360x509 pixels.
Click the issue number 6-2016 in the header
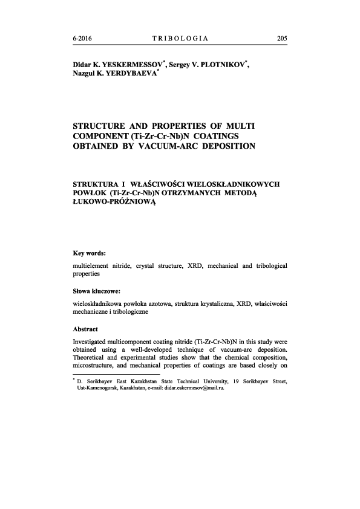(83, 38)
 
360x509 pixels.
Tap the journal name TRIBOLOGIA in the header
(180, 38)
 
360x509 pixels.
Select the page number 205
(281, 38)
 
